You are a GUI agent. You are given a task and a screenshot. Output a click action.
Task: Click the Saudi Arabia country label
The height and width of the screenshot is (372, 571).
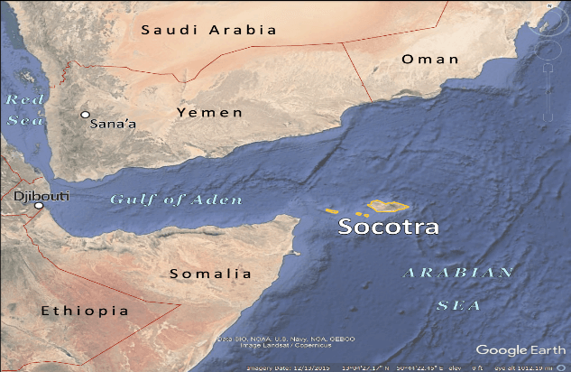[x=207, y=30]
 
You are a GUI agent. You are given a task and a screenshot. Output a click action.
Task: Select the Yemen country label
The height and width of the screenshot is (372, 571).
[x=209, y=113]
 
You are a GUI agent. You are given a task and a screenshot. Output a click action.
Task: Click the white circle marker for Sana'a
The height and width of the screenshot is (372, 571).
[x=85, y=115]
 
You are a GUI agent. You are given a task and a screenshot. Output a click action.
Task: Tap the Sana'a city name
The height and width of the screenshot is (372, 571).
[x=114, y=125]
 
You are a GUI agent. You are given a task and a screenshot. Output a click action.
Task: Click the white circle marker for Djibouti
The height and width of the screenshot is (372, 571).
[x=39, y=206]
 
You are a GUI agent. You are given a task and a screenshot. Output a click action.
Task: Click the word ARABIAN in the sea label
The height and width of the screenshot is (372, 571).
[x=457, y=272]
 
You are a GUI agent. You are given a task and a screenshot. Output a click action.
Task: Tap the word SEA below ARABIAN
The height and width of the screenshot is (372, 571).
[x=458, y=305]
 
